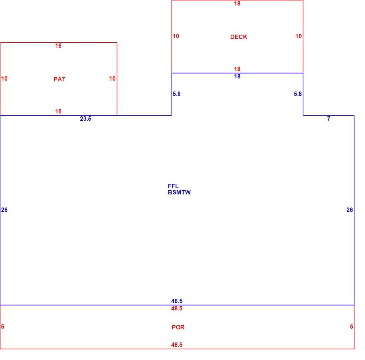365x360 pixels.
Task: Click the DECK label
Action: pos(239,37)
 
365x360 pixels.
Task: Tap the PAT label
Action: pos(59,79)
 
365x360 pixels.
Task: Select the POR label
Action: pos(178,327)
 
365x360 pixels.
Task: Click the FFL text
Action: pos(173,186)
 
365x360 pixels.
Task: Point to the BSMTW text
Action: pos(179,192)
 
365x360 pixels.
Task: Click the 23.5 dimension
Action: pos(86,119)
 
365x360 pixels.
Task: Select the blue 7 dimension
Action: pos(328,119)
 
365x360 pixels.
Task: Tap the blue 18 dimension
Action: pos(237,77)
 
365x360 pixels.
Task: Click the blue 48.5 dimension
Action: pos(177,301)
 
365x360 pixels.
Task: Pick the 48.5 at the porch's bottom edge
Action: pos(177,345)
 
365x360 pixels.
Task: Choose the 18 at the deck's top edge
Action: pos(237,4)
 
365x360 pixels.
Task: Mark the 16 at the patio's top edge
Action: pos(58,46)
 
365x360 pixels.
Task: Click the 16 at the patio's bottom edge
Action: pos(58,111)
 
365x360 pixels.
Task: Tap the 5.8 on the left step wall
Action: pos(177,94)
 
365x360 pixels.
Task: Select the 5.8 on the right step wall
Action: pos(298,94)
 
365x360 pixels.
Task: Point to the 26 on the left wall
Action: pos(4,210)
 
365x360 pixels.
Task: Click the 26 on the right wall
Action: pos(350,210)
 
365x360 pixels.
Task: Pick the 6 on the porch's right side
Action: pos(351,327)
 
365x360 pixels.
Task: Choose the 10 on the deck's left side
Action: pos(176,36)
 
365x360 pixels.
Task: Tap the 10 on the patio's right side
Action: pos(112,79)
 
